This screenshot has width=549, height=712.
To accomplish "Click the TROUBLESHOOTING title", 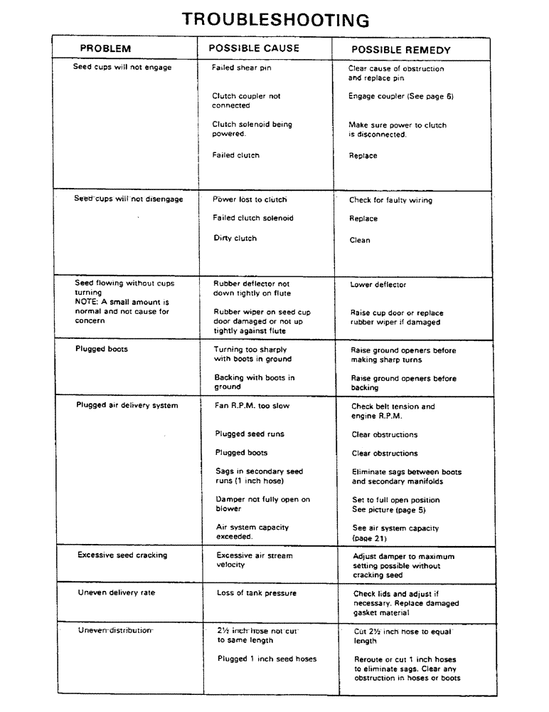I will point(275,19).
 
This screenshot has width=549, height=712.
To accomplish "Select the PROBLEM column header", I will point(105,49).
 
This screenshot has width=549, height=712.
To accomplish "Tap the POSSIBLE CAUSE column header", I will point(254,48).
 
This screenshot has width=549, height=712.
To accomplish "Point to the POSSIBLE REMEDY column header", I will point(401,50).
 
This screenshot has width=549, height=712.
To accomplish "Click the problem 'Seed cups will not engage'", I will point(122,68).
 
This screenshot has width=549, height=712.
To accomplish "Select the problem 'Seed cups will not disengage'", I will point(129,199).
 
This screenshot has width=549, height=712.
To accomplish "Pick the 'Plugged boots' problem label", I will point(102,349).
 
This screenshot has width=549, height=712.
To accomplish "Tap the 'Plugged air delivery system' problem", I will point(127,406).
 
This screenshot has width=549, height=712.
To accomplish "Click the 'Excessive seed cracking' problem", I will point(122,555).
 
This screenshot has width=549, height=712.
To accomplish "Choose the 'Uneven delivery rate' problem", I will point(117,592).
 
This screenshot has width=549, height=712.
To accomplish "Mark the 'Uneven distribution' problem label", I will point(115,630).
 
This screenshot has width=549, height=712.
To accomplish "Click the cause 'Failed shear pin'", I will point(241,68).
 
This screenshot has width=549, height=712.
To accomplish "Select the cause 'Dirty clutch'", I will point(235,239).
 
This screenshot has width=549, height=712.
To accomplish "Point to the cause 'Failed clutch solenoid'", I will point(253,219).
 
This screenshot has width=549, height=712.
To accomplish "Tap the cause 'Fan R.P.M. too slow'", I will point(252,406).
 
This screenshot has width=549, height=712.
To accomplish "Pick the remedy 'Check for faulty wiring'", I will point(390,201).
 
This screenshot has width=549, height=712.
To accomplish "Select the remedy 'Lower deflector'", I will point(378,285).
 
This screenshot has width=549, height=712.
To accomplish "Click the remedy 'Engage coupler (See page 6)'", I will point(400,96).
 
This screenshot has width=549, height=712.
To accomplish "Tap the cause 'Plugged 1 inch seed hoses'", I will point(267,659).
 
